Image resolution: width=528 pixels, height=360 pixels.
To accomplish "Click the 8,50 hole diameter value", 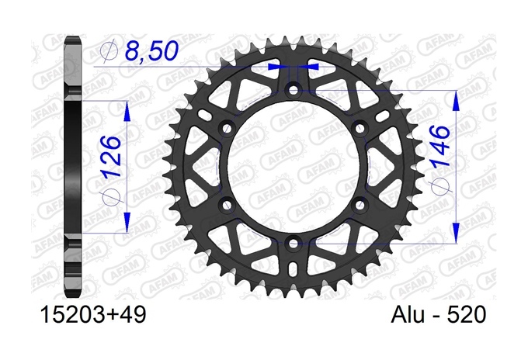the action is [x=151, y=51].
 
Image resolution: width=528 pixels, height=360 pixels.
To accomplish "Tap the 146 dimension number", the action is [x=439, y=147].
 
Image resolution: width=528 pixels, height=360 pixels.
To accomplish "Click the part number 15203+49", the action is [x=93, y=315].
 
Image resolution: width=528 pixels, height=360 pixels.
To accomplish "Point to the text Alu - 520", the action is [x=439, y=315].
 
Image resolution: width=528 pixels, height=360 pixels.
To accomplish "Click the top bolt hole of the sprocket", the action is [x=294, y=90].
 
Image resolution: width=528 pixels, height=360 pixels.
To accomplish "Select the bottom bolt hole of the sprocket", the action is [x=294, y=244].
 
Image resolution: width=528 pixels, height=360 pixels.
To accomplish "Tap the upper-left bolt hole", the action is [x=227, y=128].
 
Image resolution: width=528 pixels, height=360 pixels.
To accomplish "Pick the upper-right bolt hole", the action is [x=360, y=128].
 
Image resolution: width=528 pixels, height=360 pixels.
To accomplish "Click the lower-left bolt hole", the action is [x=227, y=205].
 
